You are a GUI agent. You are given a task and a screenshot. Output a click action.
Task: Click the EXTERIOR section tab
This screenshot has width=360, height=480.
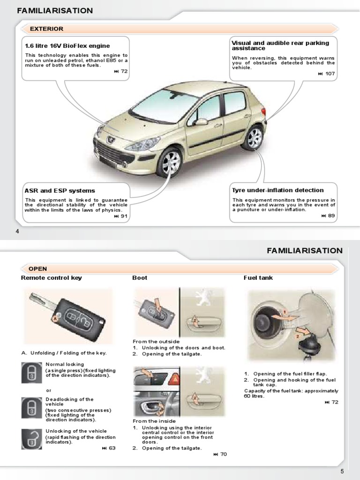46,29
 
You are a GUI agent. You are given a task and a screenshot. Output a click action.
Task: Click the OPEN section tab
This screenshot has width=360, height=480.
38,269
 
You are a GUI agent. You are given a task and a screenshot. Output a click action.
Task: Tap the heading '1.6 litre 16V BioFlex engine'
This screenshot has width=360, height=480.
67,46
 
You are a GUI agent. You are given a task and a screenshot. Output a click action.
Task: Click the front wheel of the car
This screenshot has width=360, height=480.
170,163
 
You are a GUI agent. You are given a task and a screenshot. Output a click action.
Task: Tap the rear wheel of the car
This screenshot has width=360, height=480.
254,137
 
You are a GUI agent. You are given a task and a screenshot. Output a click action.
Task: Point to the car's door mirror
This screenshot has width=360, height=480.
201,122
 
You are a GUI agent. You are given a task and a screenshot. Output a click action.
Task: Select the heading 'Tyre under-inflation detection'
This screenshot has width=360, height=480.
277,190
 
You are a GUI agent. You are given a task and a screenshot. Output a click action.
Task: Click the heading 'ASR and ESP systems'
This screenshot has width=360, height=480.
60,191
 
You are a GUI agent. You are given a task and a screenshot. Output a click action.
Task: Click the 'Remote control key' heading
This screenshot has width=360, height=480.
51,278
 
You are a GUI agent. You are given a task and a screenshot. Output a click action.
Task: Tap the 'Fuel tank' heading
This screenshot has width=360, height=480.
258,278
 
